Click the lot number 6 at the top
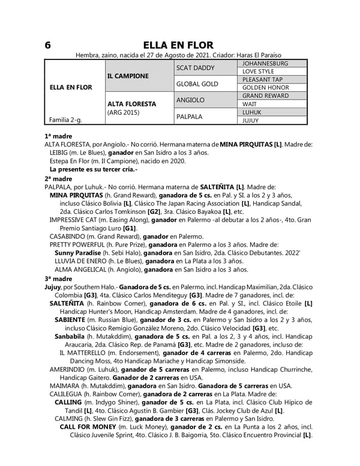pos(47,46)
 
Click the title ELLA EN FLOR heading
pos(179,46)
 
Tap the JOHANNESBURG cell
pos(265,63)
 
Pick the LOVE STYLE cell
pos(259,71)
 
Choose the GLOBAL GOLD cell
pos(197,83)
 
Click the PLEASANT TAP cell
pos(262,79)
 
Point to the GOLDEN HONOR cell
pos(266,88)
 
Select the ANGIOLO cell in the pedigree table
pos(190,100)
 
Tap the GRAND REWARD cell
pos(265,95)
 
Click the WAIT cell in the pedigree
pos(250,104)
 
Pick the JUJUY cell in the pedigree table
pos(251,120)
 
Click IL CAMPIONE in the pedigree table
pos(128,76)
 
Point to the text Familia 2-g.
pos(66,120)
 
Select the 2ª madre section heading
pos(59,178)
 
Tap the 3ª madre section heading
pos(59,279)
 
